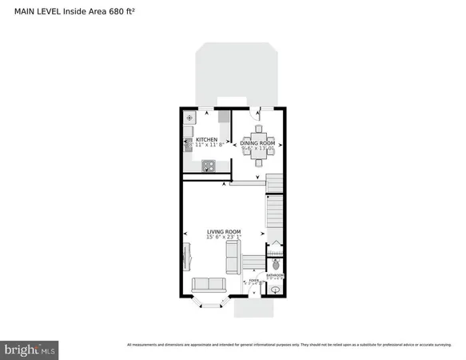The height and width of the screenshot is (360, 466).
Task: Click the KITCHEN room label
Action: pos(206,140)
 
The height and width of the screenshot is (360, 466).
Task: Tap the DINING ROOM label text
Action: pos(258,142)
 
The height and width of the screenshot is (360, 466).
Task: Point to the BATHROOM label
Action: pos(275,275)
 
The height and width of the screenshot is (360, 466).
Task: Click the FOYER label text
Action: pos(253,281)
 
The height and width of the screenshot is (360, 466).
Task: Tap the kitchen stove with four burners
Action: pos(208,166)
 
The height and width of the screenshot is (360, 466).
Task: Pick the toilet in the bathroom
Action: pos(276,264)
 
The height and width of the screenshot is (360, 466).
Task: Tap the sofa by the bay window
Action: pos(208,284)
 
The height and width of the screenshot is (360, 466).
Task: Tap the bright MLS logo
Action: pos(30,349)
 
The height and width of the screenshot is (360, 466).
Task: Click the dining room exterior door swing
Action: pos(257,114)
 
